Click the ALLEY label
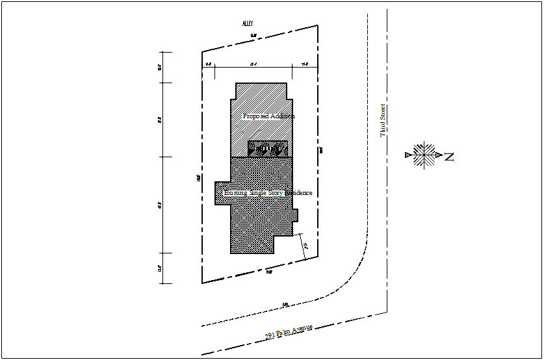click(x=248, y=23)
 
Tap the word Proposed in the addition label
click(x=255, y=116)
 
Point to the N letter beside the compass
click(x=448, y=157)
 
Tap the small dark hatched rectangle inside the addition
click(x=268, y=149)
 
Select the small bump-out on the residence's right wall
click(x=295, y=215)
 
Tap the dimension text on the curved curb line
click(x=285, y=303)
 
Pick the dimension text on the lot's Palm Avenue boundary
click(x=268, y=272)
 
